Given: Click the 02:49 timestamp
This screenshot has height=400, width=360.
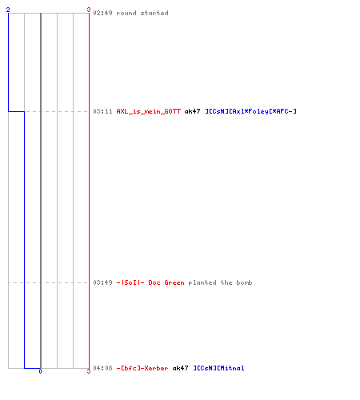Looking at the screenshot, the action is tap(102, 13).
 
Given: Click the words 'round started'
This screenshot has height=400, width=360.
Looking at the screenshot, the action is tap(142, 13).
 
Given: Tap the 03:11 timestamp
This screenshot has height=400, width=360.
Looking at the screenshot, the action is tap(102, 111).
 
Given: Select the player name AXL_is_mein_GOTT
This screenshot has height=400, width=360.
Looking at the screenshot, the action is tap(149, 111).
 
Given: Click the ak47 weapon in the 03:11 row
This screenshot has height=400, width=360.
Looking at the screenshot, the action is tap(192, 111).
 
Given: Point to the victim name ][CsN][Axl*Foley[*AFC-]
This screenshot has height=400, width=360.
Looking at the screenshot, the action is tap(250, 111).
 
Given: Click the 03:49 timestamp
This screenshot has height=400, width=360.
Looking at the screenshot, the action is tap(102, 282).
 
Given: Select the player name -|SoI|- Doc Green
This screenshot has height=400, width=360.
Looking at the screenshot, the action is tap(150, 282).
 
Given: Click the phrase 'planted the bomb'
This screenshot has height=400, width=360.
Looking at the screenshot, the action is tap(220, 282).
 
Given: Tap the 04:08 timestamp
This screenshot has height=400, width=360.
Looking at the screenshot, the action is tap(102, 368).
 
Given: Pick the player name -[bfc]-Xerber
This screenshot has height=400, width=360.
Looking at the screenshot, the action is tap(142, 368).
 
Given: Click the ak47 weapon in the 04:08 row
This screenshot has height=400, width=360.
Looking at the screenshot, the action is tap(180, 368).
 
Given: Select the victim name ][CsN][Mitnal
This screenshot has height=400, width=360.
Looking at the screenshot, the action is tap(218, 368).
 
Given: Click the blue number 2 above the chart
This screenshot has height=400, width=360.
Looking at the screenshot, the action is tap(8, 10).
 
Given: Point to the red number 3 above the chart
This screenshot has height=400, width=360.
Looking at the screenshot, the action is tap(89, 10).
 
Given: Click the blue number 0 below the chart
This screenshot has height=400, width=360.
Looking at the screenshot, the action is tap(40, 371).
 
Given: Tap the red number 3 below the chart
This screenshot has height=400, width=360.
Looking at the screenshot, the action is tap(89, 371).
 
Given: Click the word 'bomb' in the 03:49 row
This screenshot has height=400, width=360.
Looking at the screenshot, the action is tap(244, 282).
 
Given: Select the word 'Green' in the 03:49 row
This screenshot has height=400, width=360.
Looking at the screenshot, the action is tap(174, 282).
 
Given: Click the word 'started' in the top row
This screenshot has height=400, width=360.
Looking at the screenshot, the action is tap(154, 13).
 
